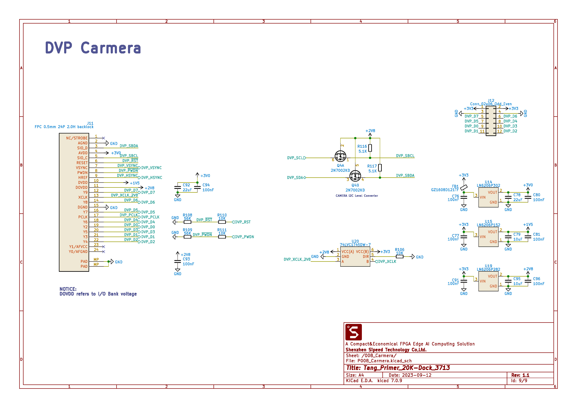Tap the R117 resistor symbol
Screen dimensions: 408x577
(x=380, y=168)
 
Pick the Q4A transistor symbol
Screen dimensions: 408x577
(x=340, y=156)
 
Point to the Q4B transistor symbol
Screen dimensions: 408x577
(x=355, y=176)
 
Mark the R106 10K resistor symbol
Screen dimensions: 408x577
(x=399, y=257)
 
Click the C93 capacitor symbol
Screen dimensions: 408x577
(x=178, y=261)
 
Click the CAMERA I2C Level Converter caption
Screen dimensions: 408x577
(x=357, y=196)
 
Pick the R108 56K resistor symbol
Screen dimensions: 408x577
(x=188, y=222)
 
